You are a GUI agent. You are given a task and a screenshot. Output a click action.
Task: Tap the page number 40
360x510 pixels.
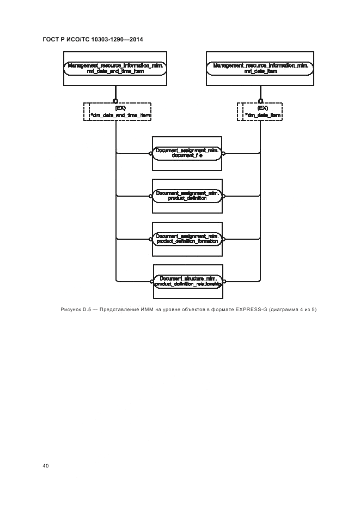point(46,466)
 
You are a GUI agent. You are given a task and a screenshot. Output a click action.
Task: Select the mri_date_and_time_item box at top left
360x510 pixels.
point(116,68)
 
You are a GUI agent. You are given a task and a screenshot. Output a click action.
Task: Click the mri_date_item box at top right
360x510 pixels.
point(260,68)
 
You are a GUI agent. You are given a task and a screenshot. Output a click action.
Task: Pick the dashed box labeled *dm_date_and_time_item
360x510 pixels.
point(117,112)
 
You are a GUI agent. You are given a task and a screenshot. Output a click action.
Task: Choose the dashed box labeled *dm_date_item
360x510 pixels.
point(261,112)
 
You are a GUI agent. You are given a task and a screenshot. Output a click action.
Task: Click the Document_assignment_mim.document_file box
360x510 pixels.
point(187,153)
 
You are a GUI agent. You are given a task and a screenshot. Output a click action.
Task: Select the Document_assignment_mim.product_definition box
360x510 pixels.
point(187,196)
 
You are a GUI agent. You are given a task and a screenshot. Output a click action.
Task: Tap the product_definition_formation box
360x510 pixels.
point(187,239)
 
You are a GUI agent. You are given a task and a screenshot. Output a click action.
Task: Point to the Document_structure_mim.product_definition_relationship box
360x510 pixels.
point(187,281)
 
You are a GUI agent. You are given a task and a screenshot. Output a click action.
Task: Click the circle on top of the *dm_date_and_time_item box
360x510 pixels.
point(115,101)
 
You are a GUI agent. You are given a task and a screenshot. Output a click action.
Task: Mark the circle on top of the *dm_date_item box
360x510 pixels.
point(260,101)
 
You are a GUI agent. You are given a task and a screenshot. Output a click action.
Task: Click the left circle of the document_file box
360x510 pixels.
point(151,154)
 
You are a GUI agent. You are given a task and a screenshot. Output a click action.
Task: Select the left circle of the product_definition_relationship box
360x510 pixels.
point(151,281)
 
